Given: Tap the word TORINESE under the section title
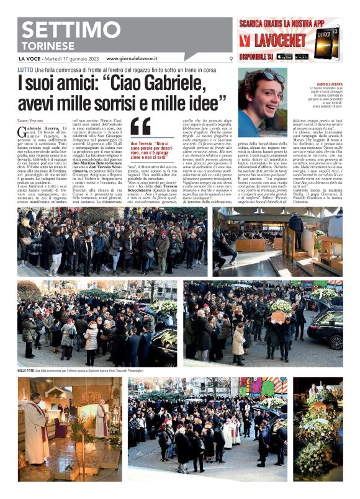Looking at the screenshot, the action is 47,46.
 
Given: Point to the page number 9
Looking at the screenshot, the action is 231,59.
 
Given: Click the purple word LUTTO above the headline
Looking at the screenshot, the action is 25,70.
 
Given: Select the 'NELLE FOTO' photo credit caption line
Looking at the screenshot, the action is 86,371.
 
